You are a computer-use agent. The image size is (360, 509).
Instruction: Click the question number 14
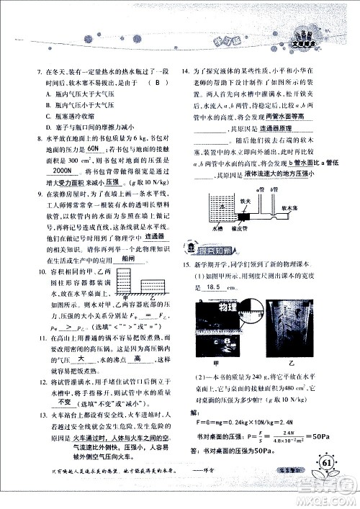(186, 72)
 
